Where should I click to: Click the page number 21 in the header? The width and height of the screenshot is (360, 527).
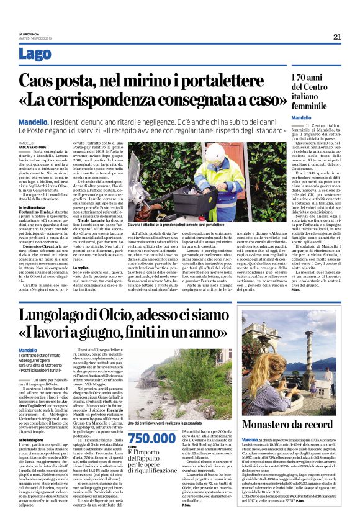click(x=338, y=37)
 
